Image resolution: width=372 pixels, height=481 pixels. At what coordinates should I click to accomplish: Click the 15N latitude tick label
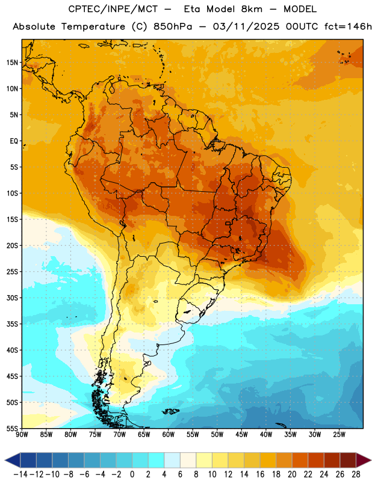(12, 63)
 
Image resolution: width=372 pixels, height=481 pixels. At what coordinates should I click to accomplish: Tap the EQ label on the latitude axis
(14, 141)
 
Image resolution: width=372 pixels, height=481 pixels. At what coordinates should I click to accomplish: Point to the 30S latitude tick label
(12, 298)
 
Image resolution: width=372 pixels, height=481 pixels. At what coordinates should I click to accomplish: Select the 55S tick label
(12, 428)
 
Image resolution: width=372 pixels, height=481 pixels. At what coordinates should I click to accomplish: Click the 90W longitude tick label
(22, 434)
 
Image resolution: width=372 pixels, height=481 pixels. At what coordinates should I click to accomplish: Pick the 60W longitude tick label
(169, 434)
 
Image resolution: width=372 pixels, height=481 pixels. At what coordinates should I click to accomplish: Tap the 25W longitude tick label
(339, 434)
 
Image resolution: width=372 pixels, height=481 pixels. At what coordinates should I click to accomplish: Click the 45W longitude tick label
(241, 434)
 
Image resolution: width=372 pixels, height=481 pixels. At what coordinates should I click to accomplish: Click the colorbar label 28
(356, 474)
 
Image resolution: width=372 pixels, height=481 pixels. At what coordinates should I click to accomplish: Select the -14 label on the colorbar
(20, 474)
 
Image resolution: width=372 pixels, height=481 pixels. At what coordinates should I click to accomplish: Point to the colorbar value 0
(132, 474)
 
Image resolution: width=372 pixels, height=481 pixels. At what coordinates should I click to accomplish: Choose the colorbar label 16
(260, 474)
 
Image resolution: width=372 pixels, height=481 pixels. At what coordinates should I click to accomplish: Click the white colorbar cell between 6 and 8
(188, 460)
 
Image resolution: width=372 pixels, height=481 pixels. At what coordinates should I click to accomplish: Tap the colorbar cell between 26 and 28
(348, 460)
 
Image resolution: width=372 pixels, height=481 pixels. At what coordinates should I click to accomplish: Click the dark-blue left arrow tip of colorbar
(5, 460)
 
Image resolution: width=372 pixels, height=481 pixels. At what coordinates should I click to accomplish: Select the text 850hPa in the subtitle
(173, 26)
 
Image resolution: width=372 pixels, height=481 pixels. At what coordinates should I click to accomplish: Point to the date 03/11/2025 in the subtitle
(246, 26)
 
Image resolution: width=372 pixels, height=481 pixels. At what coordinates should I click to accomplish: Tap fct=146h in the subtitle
(348, 26)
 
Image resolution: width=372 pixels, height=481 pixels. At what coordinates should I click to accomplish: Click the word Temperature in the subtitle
(93, 26)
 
